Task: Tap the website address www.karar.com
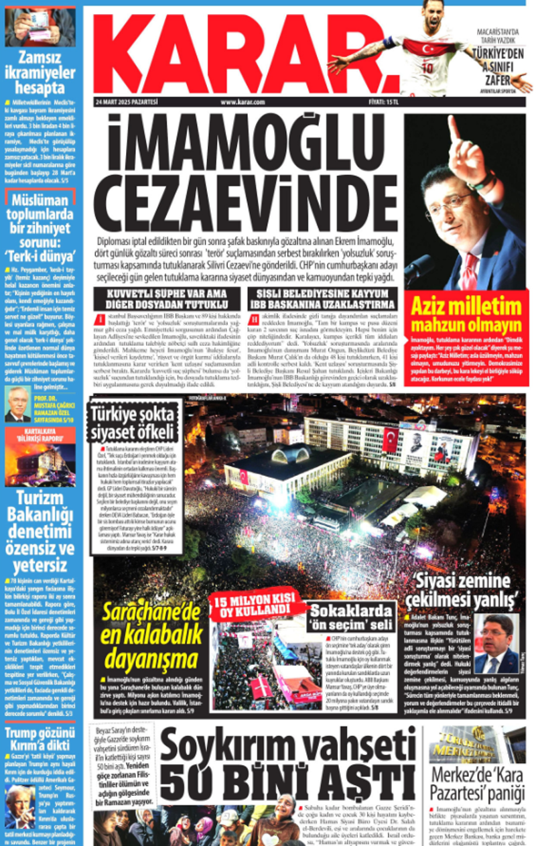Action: coord(242,102)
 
